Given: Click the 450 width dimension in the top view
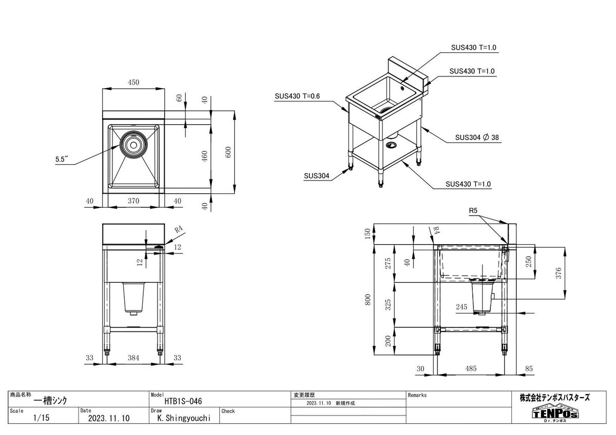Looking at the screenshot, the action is (133, 82).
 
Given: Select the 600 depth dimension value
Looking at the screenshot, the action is (228, 152).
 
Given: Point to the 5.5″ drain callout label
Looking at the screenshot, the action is (62, 159).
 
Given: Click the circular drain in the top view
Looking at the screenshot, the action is (133, 145).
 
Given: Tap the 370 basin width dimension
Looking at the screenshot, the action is (133, 201).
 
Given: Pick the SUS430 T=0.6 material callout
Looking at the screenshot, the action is (297, 96).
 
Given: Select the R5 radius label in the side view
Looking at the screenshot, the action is (473, 211).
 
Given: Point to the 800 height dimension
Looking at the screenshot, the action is (368, 300).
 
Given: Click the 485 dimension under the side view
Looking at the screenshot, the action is (471, 368).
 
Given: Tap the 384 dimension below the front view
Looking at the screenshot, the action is (133, 358).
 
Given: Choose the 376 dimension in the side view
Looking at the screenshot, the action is (559, 273).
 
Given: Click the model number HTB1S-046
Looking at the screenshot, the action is (183, 402).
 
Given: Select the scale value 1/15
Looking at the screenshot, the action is (41, 418).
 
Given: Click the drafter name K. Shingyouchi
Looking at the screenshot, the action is (184, 418).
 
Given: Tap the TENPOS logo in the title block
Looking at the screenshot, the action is (555, 412).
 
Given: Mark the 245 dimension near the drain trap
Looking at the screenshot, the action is (461, 307).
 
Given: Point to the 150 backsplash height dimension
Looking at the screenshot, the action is (368, 234).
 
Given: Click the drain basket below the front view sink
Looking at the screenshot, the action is (133, 299).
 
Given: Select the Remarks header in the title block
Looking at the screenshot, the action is (417, 395).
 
